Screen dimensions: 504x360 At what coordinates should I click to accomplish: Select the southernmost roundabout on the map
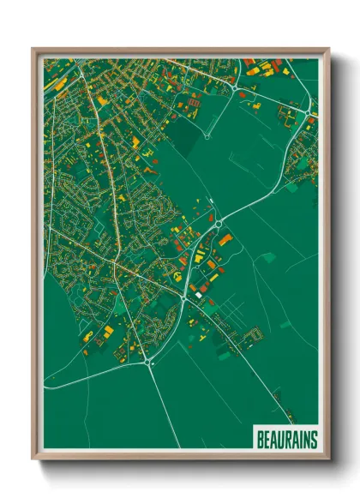149,363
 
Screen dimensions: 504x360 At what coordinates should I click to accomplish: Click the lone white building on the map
199,295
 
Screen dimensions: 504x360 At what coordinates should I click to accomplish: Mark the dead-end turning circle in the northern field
206,135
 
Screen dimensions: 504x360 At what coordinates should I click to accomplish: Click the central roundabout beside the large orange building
218,224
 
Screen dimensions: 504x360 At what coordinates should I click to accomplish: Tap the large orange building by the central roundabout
225,240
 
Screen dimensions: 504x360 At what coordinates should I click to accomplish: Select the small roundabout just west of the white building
185,297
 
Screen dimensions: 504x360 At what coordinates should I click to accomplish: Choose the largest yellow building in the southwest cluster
111,330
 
